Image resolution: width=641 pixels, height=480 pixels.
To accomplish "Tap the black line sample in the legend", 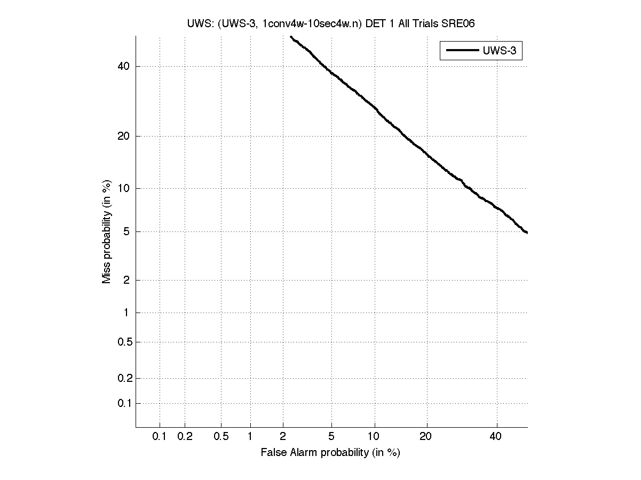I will [462, 51].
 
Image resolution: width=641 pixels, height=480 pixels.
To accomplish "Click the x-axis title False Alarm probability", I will [330, 453].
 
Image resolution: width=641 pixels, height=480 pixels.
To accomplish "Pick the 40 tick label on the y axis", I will [123, 66].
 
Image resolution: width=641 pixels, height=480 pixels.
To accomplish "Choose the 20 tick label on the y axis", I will [123, 136].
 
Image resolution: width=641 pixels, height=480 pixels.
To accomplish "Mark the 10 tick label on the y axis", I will [123, 188].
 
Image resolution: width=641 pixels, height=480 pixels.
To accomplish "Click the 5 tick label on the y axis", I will [126, 231].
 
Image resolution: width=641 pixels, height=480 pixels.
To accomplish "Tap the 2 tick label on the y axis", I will [126, 280].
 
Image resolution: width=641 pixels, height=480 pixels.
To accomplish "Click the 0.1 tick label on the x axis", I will [160, 437].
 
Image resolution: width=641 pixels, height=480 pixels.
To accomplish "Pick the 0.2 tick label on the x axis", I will [185, 437].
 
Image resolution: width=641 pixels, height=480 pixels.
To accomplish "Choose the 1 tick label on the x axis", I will [250, 437].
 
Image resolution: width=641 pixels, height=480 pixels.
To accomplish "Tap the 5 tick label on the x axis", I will [331, 437].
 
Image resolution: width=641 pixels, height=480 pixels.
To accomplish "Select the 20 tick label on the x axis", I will [425, 437].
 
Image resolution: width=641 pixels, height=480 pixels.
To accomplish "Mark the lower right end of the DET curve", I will [527, 233].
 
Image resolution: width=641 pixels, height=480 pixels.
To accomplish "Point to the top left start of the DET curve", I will [290, 36].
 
